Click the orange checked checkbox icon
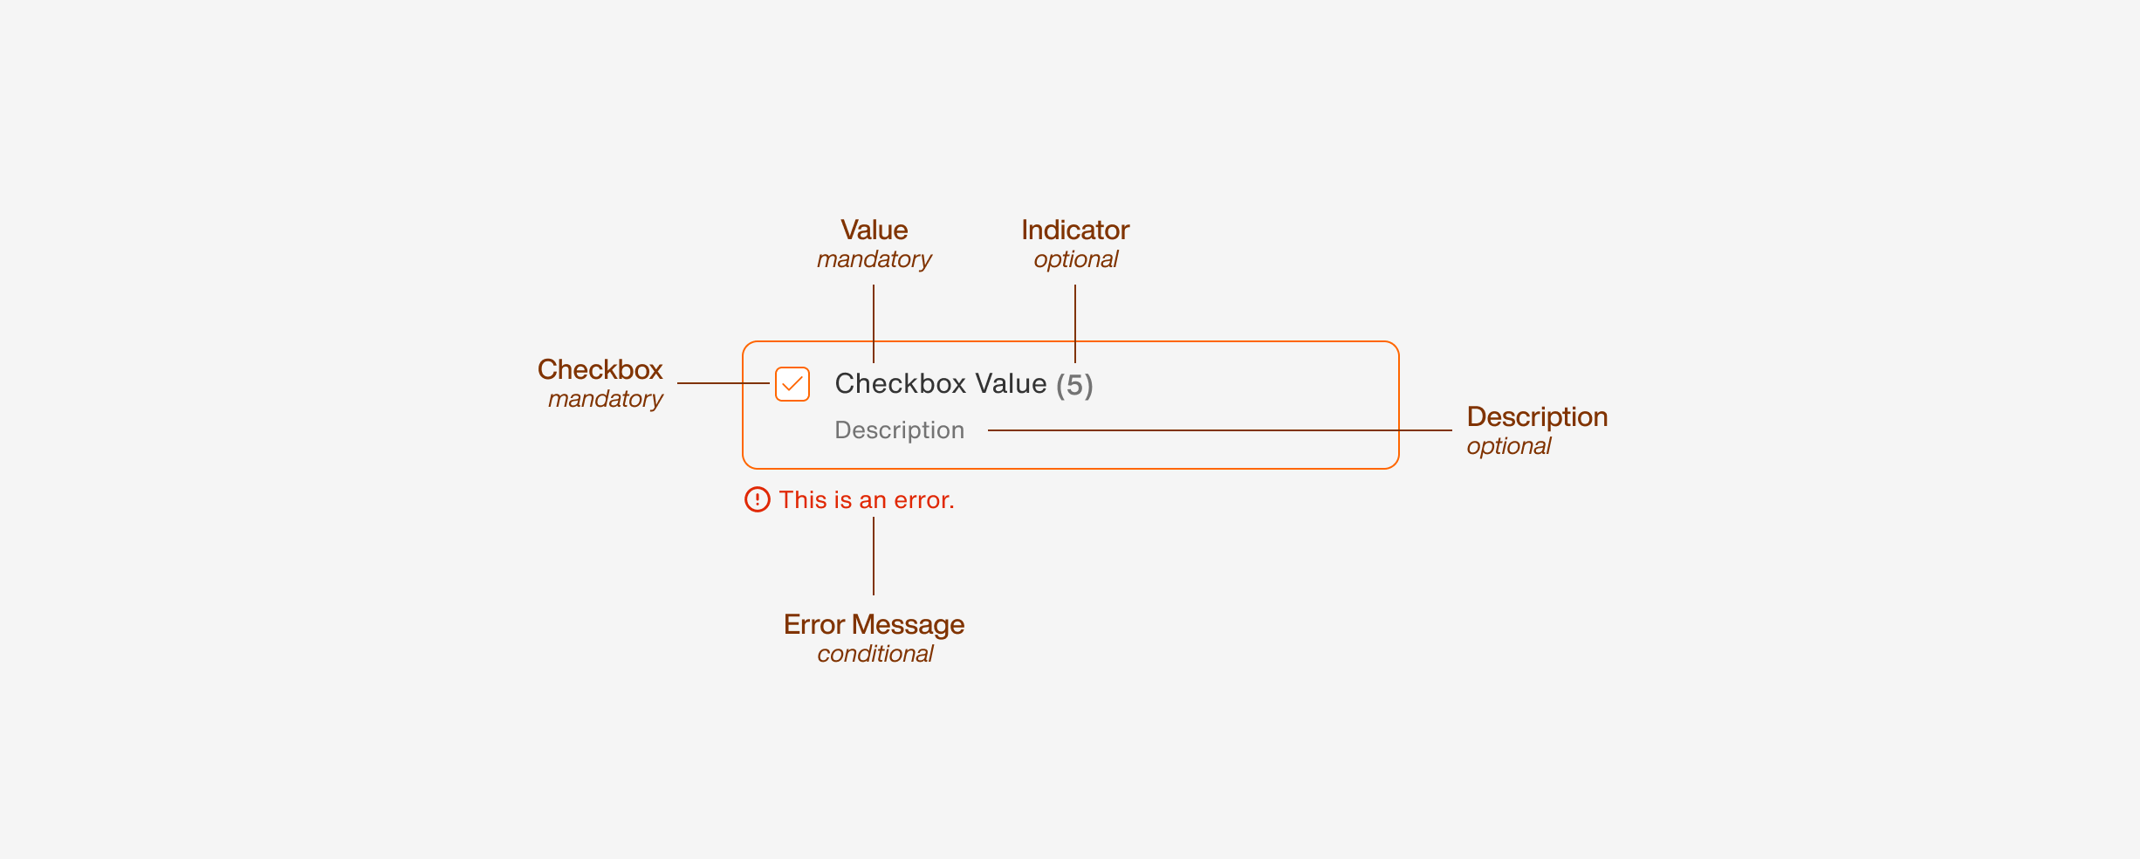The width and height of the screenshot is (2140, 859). [792, 384]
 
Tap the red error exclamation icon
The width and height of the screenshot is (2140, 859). [757, 499]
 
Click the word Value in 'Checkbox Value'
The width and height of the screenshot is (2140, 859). [1011, 384]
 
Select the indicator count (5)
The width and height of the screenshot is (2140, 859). [1074, 385]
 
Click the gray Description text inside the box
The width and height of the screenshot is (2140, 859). [899, 430]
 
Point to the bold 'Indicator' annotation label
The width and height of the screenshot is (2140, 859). [1075, 230]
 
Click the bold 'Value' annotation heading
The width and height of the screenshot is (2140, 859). [874, 230]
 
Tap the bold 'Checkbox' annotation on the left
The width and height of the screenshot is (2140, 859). [600, 369]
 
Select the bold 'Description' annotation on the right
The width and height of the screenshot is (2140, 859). [1537, 416]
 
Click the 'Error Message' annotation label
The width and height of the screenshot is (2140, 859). [874, 624]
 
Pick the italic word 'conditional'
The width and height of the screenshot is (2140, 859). [875, 654]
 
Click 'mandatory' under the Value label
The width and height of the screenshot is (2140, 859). [874, 259]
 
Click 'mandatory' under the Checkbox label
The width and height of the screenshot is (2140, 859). [605, 399]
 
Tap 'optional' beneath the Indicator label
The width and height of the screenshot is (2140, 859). [1075, 259]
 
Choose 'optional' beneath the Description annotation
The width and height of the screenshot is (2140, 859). [1508, 446]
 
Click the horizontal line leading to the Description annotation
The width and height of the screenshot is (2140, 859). [1222, 430]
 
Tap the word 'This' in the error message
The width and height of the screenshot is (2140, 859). [802, 500]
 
